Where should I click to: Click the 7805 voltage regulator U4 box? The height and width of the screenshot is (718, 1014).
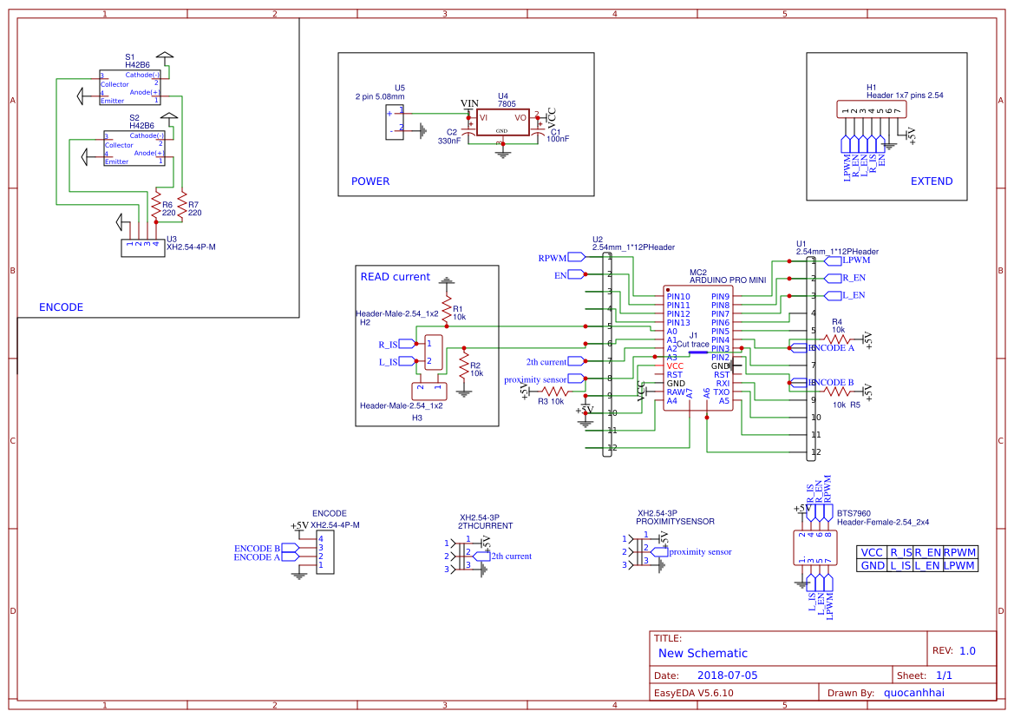501,122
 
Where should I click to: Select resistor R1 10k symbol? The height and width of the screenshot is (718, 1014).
446,311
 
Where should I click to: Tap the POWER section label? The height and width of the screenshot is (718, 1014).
370,181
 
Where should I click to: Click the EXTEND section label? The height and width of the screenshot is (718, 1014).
932,181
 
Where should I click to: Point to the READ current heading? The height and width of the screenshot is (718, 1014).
395,277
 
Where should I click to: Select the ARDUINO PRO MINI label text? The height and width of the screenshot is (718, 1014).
727,280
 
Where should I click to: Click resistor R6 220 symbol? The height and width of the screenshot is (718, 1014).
156,207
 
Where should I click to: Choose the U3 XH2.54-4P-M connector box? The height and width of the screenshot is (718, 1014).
142,247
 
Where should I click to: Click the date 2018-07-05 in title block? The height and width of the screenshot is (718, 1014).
727,675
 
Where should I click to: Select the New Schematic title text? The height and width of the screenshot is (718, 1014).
703,653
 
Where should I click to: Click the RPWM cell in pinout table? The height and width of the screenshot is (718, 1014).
959,552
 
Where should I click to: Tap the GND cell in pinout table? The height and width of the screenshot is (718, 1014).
872,565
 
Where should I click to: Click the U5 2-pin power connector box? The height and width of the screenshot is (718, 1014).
395,122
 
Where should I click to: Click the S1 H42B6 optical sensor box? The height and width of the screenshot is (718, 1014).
130,87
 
